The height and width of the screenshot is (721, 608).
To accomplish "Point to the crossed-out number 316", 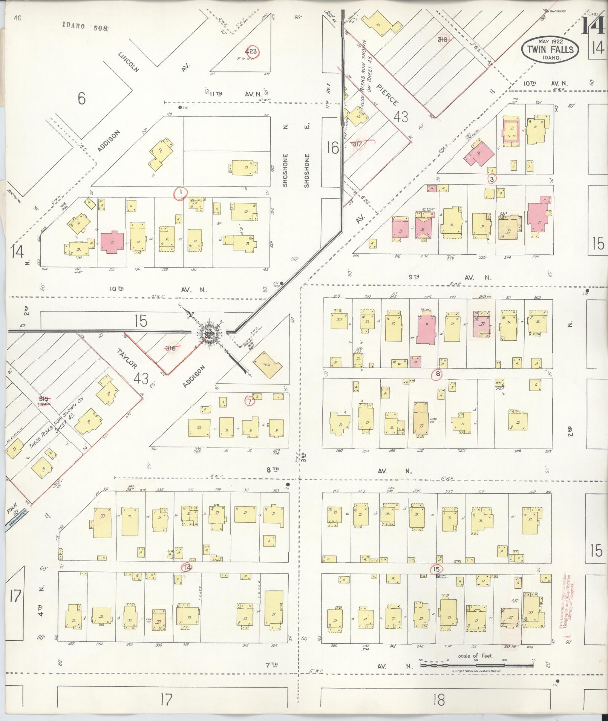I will (x=171, y=348).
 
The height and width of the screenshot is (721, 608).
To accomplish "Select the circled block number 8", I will (x=438, y=374).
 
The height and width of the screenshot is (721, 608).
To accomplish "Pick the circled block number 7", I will (x=250, y=401).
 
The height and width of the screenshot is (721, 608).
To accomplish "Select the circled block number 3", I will (x=492, y=179).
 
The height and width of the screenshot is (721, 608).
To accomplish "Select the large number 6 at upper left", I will (x=81, y=99).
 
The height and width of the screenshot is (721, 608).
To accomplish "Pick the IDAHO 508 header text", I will (x=86, y=28).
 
